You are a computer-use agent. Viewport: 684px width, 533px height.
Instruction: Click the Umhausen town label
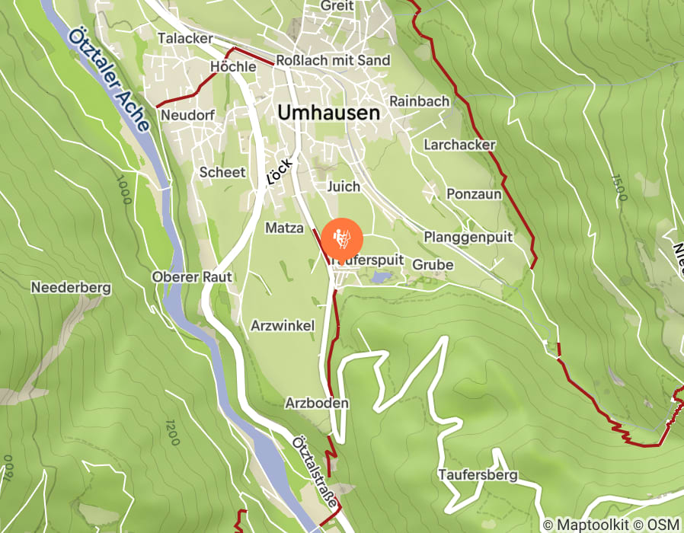coord(328,113)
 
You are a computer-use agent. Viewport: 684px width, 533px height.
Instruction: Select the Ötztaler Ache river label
coord(107,84)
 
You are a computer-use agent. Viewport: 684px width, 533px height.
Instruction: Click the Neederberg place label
coord(71,288)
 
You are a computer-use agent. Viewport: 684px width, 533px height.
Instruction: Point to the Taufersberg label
coord(478,475)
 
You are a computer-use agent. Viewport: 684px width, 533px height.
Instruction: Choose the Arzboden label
coord(317,403)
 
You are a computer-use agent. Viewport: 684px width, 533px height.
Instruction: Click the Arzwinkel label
coord(282,325)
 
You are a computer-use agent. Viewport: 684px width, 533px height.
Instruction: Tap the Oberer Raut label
coord(191,276)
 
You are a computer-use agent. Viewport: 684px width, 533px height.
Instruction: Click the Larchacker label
coord(460,145)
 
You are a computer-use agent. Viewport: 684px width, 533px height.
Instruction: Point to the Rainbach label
coord(419,101)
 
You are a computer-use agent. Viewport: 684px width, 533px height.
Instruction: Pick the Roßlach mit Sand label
coord(333,60)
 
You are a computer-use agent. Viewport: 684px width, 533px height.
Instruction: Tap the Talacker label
coord(184,38)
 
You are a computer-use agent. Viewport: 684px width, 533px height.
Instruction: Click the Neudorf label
coord(188,115)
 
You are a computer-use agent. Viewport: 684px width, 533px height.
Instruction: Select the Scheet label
coord(222,172)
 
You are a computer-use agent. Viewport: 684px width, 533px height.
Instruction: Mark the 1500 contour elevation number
coord(618,187)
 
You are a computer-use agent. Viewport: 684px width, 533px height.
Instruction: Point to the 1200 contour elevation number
coord(171,432)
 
